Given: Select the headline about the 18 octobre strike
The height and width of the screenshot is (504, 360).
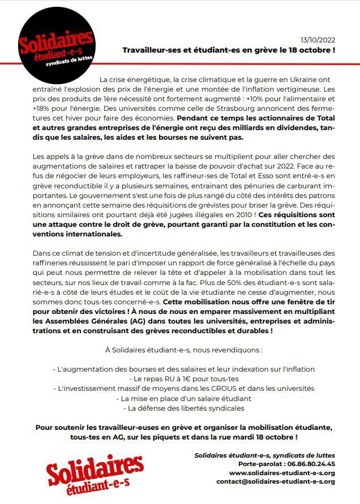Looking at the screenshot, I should point(229,50).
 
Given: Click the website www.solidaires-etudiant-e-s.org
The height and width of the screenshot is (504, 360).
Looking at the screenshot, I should point(282,473).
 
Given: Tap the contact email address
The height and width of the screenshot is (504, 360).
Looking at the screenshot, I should point(276,482).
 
